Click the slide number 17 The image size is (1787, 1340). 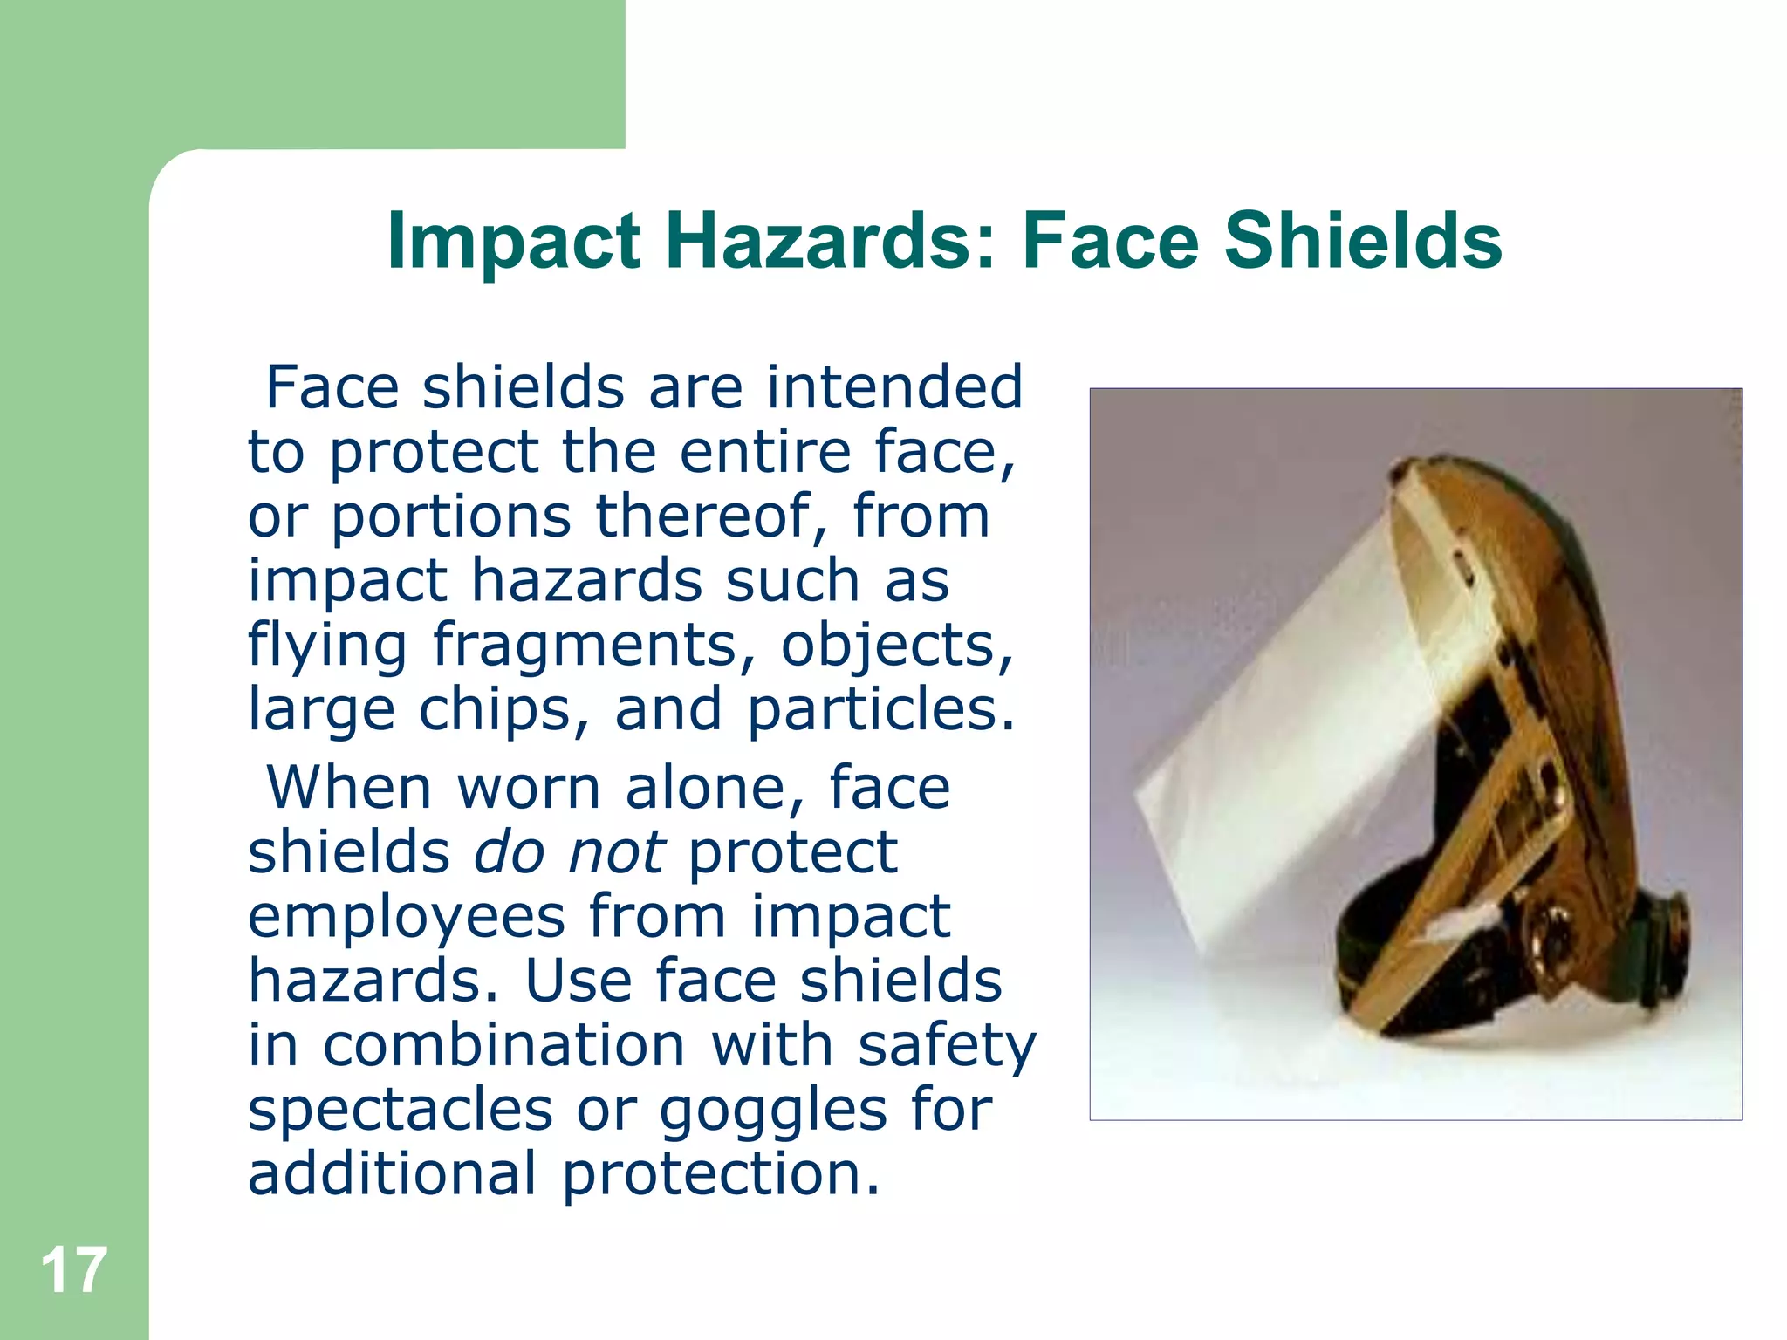tap(73, 1271)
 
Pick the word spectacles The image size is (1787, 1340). tap(400, 1110)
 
